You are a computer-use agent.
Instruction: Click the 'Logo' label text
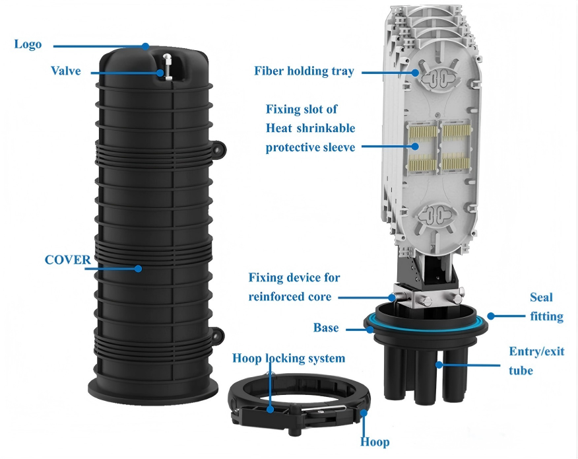click(28, 45)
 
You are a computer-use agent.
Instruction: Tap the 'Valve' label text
click(66, 71)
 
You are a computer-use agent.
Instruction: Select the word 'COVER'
click(67, 260)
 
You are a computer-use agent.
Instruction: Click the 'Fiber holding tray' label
click(304, 71)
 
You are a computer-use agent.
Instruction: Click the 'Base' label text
click(326, 328)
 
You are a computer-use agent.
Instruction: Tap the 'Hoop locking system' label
click(288, 359)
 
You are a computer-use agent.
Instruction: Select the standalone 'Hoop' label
click(374, 442)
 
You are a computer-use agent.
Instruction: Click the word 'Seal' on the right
click(541, 298)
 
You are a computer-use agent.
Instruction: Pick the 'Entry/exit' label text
click(536, 351)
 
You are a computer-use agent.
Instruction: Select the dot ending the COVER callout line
click(138, 268)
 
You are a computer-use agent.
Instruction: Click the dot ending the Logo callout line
click(146, 46)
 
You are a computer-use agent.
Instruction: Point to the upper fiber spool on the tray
click(435, 79)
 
